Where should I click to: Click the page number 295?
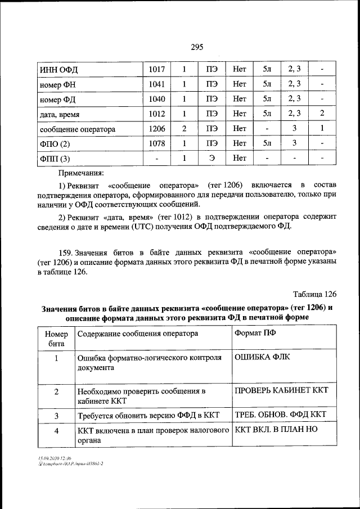point(196,47)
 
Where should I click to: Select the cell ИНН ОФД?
point(58,70)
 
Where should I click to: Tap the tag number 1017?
point(157,69)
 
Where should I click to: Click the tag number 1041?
point(157,84)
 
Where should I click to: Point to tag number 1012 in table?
point(157,114)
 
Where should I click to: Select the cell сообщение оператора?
point(78,129)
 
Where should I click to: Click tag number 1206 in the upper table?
point(157,129)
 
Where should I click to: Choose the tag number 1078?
point(157,143)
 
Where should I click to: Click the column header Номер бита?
point(56,338)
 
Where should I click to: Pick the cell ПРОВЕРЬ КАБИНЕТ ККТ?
point(281,390)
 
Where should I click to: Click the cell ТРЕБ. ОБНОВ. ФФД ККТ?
point(280,415)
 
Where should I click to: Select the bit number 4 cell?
point(56,431)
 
